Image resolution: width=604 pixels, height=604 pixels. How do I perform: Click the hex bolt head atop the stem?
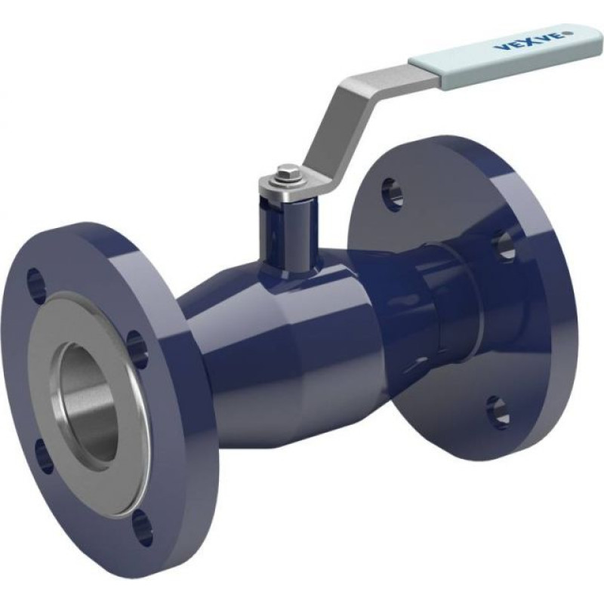point(285,171)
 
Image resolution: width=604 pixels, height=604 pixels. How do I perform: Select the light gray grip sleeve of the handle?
point(504,49)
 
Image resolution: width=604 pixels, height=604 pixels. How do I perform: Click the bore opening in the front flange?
point(89,402)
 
